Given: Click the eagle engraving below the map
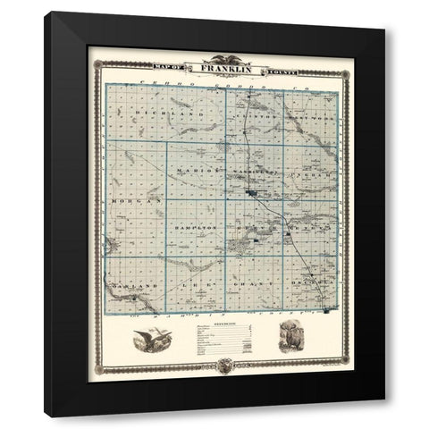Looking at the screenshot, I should tap(150, 342).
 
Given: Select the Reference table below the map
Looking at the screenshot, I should tap(220, 343).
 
